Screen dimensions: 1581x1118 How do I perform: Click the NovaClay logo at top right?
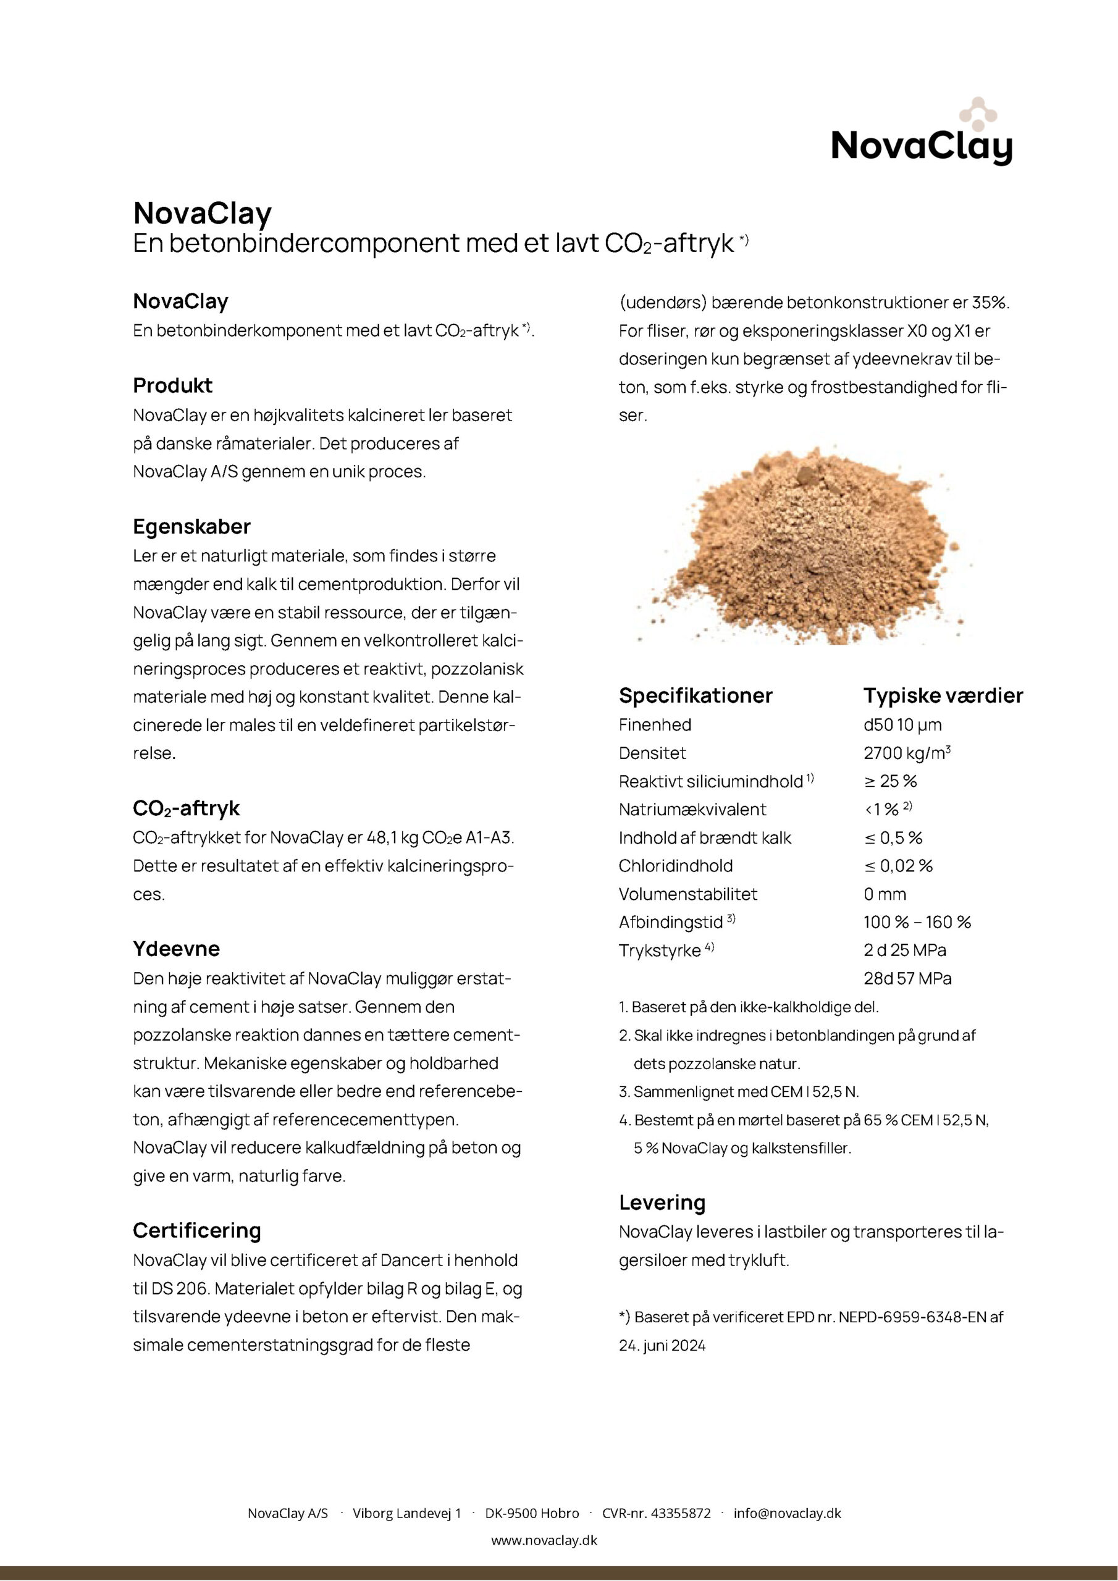[x=921, y=134]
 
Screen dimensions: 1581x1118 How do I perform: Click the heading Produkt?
[x=172, y=385]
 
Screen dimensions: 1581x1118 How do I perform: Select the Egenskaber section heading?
[x=191, y=527]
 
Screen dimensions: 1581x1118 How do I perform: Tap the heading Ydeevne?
[x=176, y=949]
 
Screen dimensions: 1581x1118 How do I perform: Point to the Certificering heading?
[x=197, y=1230]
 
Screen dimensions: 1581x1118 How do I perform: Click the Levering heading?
[x=662, y=1202]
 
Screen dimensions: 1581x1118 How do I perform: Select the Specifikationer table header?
[x=695, y=695]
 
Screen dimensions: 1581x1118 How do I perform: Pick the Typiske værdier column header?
[x=943, y=695]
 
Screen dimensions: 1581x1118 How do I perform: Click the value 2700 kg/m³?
[x=907, y=753]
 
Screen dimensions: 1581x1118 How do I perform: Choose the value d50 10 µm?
[x=902, y=725]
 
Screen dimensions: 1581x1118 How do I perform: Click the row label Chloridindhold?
[x=675, y=866]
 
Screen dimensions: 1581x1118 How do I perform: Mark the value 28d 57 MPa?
[x=907, y=978]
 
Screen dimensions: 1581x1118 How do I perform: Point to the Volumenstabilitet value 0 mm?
[x=885, y=894]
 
